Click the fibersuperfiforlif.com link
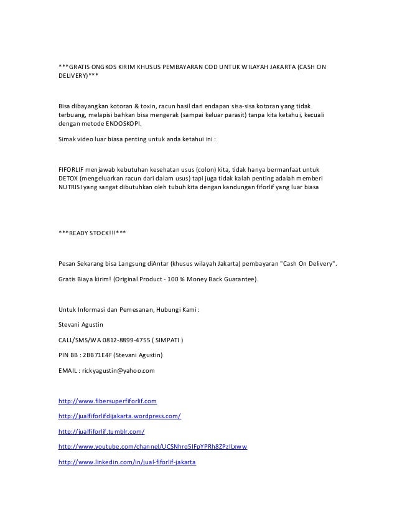107,400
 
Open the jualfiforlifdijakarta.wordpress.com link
119,415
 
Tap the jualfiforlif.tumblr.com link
101,431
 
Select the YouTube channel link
152,447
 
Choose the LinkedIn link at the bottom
126,463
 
